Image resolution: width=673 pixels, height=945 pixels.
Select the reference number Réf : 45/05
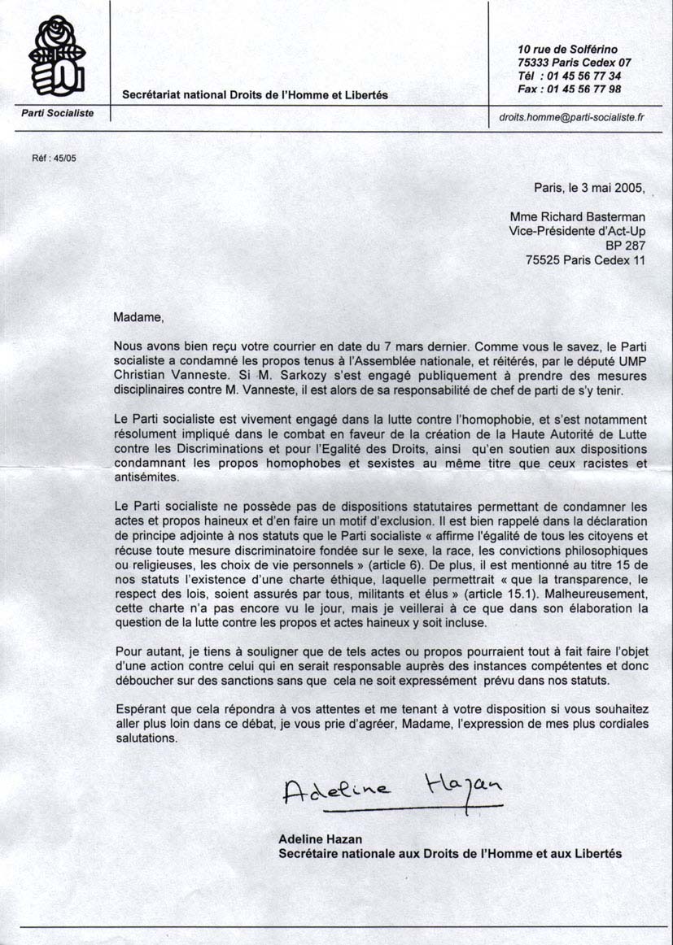coord(53,159)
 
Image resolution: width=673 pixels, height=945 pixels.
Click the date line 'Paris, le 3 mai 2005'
coord(589,187)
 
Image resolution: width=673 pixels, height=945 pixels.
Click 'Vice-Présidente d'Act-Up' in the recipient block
coord(576,231)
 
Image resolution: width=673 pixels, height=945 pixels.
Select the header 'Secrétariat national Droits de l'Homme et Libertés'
coord(255,95)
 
